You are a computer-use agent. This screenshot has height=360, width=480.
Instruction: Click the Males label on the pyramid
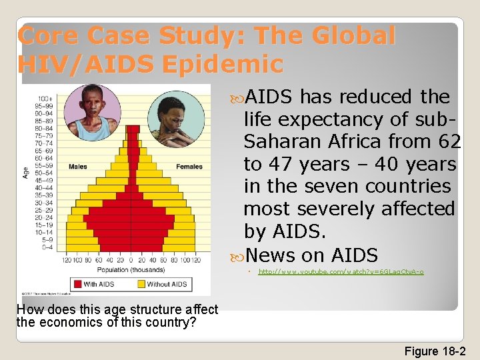pyautogui.click(x=78, y=166)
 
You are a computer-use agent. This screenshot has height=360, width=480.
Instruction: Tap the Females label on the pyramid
pyautogui.click(x=189, y=166)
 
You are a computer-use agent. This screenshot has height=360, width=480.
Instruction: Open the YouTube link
pyautogui.click(x=341, y=272)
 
